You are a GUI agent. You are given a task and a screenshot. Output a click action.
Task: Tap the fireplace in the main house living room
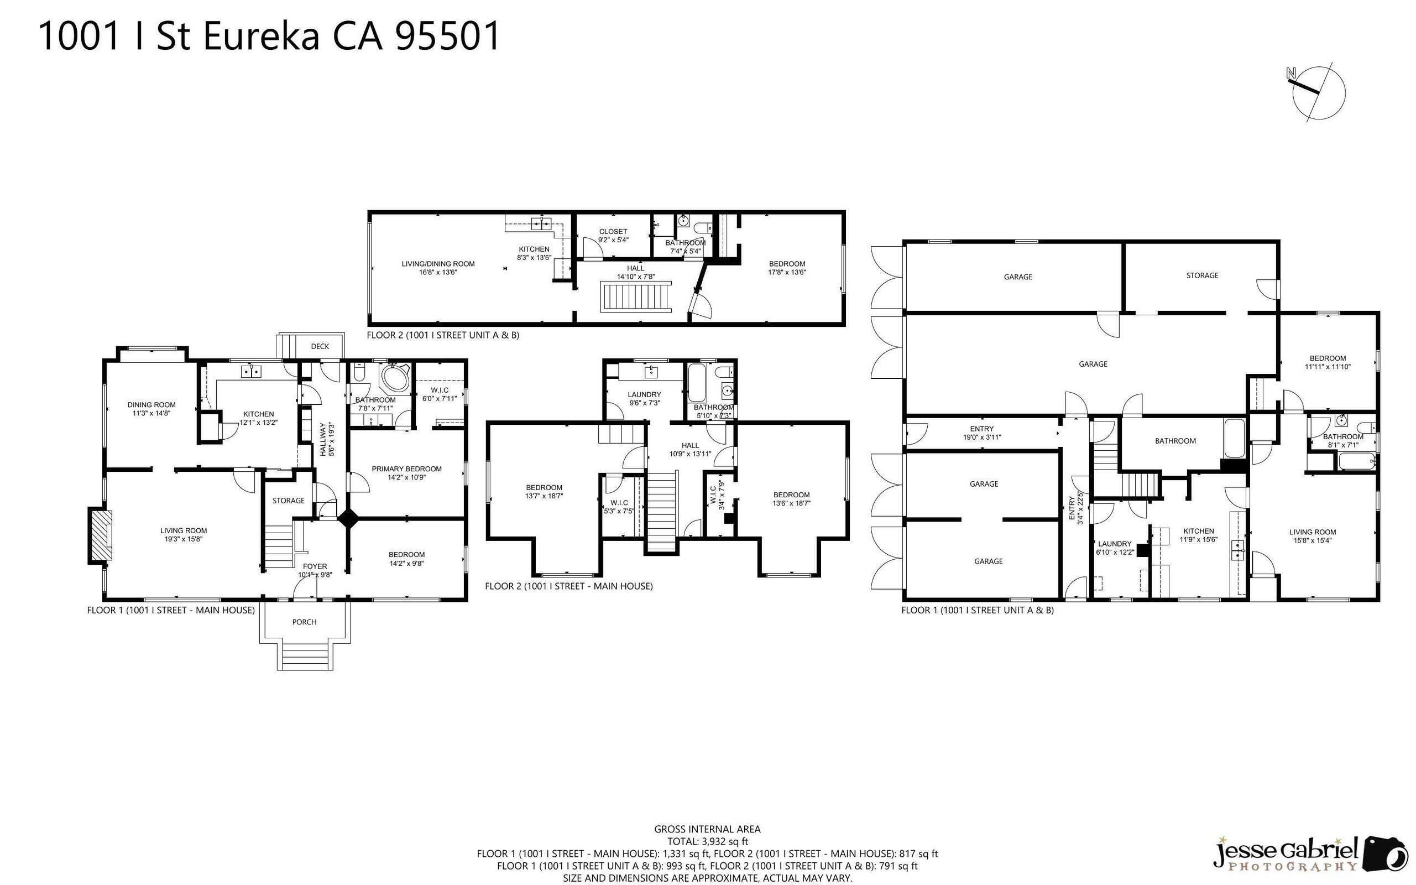click(x=100, y=535)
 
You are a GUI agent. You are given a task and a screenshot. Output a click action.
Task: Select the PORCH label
click(x=304, y=622)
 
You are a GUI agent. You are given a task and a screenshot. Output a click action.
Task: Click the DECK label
click(x=320, y=346)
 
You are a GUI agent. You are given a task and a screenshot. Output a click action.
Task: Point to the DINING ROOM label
click(x=151, y=409)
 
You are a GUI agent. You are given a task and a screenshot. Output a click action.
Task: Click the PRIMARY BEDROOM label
click(x=406, y=472)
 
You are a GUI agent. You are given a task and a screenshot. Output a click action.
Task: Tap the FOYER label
click(x=315, y=570)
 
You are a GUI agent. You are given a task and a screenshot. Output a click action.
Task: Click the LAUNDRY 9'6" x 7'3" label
click(x=644, y=399)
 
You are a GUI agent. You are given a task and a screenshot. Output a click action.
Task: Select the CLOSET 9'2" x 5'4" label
click(x=613, y=235)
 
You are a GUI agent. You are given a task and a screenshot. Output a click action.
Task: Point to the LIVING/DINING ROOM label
click(x=438, y=268)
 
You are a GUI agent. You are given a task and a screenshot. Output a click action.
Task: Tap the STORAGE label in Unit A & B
click(x=1203, y=275)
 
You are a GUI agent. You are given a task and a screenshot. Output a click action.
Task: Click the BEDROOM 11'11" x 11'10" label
click(x=1328, y=362)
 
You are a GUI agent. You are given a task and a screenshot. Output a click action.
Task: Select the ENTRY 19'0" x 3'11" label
click(x=982, y=433)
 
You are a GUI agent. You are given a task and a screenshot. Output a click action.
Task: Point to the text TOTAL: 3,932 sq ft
click(x=707, y=842)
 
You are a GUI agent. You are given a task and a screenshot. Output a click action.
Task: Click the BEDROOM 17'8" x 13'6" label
click(x=787, y=268)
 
